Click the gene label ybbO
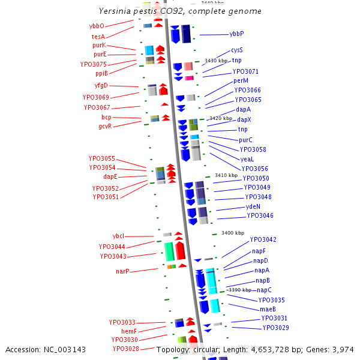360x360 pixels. click(x=97, y=26)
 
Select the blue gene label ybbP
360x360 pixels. click(x=237, y=34)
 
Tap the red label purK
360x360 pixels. click(x=99, y=45)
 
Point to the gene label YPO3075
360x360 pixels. click(x=94, y=64)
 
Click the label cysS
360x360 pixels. click(x=237, y=50)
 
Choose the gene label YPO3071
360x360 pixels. click(x=245, y=71)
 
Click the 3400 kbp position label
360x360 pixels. click(x=233, y=233)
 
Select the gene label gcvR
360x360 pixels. click(x=105, y=126)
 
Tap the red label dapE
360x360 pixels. click(x=110, y=176)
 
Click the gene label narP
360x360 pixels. click(x=122, y=271)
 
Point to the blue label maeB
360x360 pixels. click(x=268, y=309)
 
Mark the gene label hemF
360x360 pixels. click(x=129, y=331)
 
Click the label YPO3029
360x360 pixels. click(x=276, y=328)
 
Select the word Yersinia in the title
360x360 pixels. click(x=115, y=11)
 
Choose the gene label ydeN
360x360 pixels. click(x=253, y=206)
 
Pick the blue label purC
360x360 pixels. click(x=246, y=140)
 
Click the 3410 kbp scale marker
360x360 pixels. click(x=226, y=175)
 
